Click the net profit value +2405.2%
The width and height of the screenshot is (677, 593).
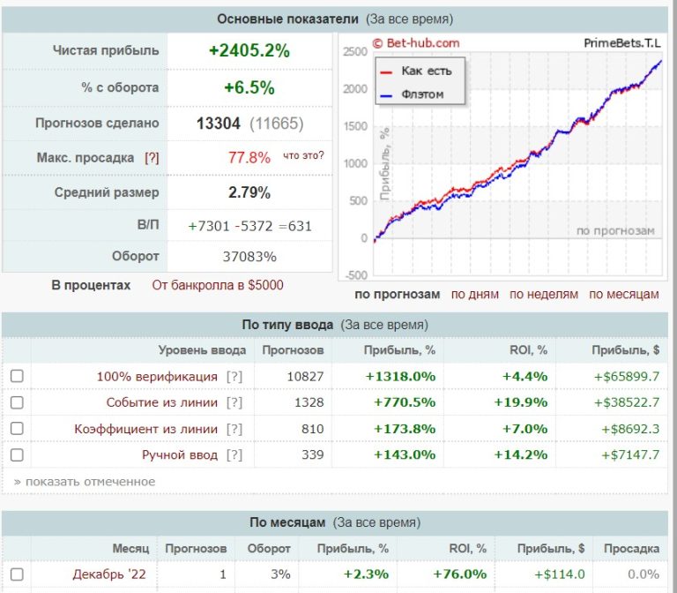[249, 51]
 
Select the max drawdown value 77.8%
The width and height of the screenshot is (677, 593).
[249, 157]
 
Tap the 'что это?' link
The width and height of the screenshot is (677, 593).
[303, 156]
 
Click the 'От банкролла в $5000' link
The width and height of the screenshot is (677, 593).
[218, 285]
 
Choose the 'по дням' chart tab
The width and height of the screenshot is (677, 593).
[475, 294]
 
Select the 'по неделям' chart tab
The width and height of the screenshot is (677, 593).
[544, 294]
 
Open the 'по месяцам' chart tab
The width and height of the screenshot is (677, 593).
[624, 294]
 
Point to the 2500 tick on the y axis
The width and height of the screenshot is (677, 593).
[355, 52]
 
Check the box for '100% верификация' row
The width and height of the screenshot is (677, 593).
[17, 376]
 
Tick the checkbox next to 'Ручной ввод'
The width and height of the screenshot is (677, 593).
[17, 455]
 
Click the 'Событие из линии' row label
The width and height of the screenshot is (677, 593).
[161, 402]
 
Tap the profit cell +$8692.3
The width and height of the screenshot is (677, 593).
[626, 429]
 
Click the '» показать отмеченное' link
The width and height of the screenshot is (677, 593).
[85, 482]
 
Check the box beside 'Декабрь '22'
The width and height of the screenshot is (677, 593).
[17, 574]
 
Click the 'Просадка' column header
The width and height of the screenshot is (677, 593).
[631, 548]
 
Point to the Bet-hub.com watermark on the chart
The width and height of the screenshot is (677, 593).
[416, 42]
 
